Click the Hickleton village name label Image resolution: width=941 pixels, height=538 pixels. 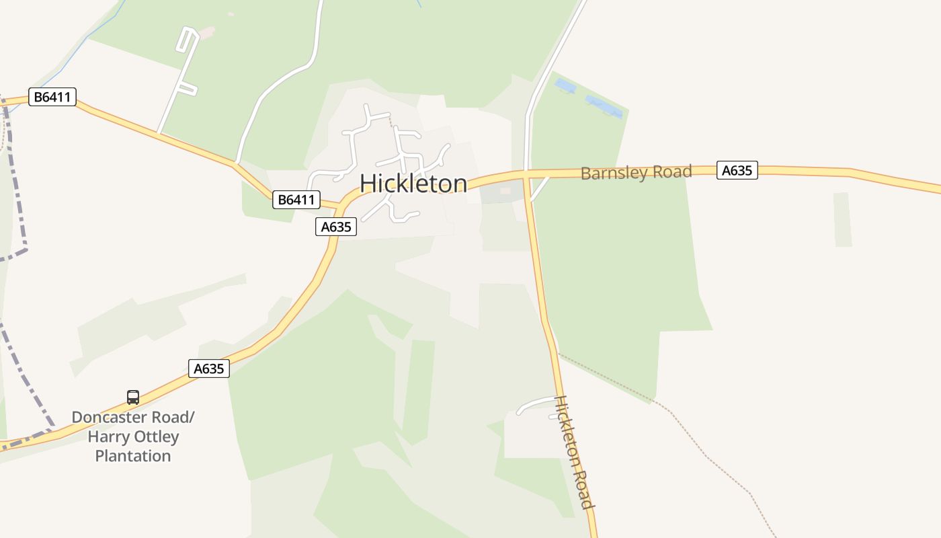click(413, 184)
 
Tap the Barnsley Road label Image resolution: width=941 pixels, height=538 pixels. click(636, 172)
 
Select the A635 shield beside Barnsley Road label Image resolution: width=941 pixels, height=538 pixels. click(737, 170)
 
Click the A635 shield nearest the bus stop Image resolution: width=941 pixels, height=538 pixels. click(208, 368)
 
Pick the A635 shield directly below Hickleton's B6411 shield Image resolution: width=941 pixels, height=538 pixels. click(336, 227)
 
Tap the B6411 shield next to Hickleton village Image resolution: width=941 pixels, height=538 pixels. click(296, 199)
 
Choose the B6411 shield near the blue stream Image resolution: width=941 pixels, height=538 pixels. click(52, 97)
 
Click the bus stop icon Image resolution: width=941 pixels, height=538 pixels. click(133, 397)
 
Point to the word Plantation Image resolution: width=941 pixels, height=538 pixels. click(133, 456)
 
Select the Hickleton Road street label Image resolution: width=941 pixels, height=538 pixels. click(574, 451)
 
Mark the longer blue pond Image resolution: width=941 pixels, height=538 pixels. click(603, 106)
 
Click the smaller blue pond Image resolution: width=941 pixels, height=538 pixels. click(565, 86)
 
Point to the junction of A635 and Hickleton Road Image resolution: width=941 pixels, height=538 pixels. click(526, 176)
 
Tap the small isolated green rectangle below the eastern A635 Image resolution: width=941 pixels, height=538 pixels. click(842, 219)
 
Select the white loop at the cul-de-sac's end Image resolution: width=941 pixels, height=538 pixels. click(186, 40)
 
